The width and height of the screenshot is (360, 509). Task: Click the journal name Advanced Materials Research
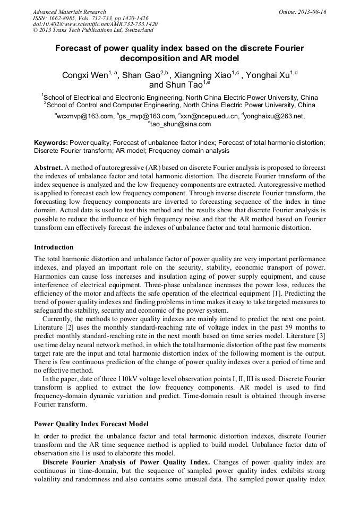69,12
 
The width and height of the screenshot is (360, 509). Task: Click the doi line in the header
95,24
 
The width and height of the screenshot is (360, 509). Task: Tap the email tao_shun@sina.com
181,124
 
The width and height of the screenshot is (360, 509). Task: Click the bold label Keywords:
51,143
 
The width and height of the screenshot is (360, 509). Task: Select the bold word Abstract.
48,167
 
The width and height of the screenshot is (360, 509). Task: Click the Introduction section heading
54,247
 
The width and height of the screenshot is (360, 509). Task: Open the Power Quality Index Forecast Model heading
91,424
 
